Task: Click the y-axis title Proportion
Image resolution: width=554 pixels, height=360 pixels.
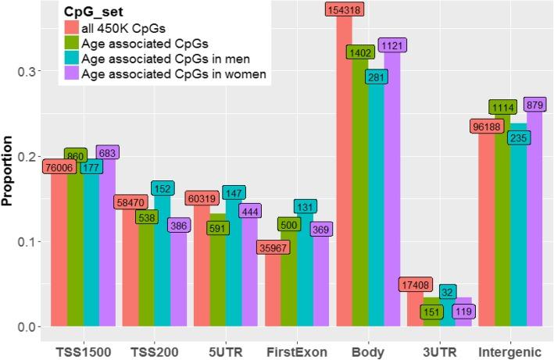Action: click(x=8, y=170)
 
